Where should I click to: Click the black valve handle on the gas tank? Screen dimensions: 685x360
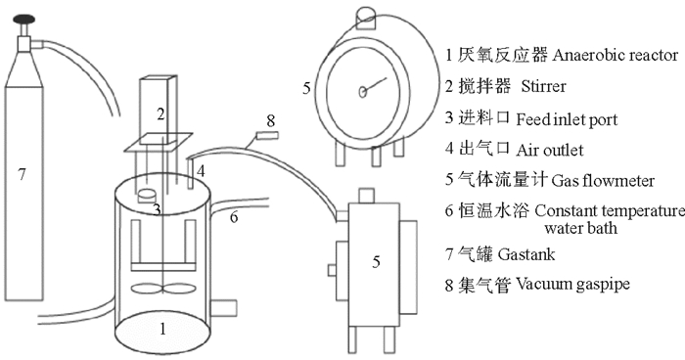point(23,19)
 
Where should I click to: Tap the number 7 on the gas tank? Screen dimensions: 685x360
point(22,175)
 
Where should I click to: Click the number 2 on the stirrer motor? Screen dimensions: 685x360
point(160,114)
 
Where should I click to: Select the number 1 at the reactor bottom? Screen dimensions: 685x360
point(162,329)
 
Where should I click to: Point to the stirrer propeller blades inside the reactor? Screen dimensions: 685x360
point(163,289)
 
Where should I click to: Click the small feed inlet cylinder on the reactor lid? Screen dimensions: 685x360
point(148,197)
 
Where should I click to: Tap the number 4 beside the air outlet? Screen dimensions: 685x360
point(201,171)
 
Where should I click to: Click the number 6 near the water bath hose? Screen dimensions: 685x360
point(234,217)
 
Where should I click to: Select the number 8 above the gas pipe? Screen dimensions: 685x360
point(271,120)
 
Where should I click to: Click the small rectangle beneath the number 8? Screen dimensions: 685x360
point(267,136)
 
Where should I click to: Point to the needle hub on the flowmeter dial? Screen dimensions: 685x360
point(363,92)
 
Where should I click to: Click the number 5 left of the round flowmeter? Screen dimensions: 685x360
point(306,88)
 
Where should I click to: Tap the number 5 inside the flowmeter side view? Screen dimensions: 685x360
point(376,262)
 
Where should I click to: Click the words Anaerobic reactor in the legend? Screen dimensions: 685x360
point(616,56)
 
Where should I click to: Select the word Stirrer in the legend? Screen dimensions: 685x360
point(543,86)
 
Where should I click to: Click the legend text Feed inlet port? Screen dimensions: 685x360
point(567,119)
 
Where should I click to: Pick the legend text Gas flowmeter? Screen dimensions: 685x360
point(603,180)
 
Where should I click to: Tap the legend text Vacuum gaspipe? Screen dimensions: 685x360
point(572,285)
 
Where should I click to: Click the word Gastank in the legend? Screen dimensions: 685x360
point(526,254)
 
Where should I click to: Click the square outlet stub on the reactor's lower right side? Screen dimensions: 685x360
point(223,308)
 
